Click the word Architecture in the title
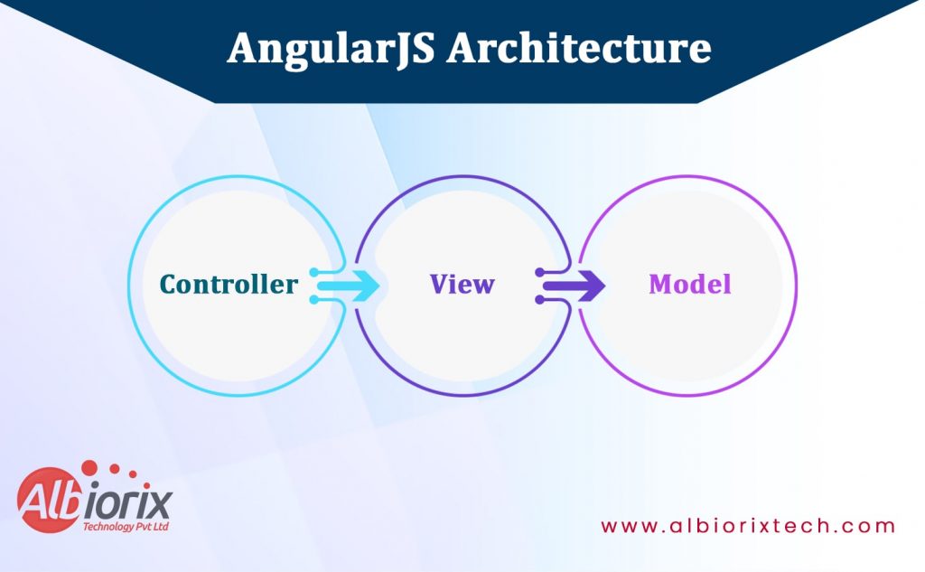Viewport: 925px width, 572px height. tap(579, 48)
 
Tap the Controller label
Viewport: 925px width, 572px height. tap(229, 285)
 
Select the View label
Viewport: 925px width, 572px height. tap(462, 285)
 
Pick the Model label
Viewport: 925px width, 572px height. tap(689, 285)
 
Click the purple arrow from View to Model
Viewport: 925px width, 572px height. tap(579, 286)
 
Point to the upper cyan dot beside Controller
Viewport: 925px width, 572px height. tap(313, 272)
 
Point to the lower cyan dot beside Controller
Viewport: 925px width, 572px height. tap(313, 299)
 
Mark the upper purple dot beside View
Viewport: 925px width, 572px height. tap(539, 272)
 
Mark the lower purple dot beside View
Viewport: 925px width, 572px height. tap(539, 299)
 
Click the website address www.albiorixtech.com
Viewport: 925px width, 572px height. tap(748, 526)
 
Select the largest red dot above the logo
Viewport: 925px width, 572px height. tap(89, 467)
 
